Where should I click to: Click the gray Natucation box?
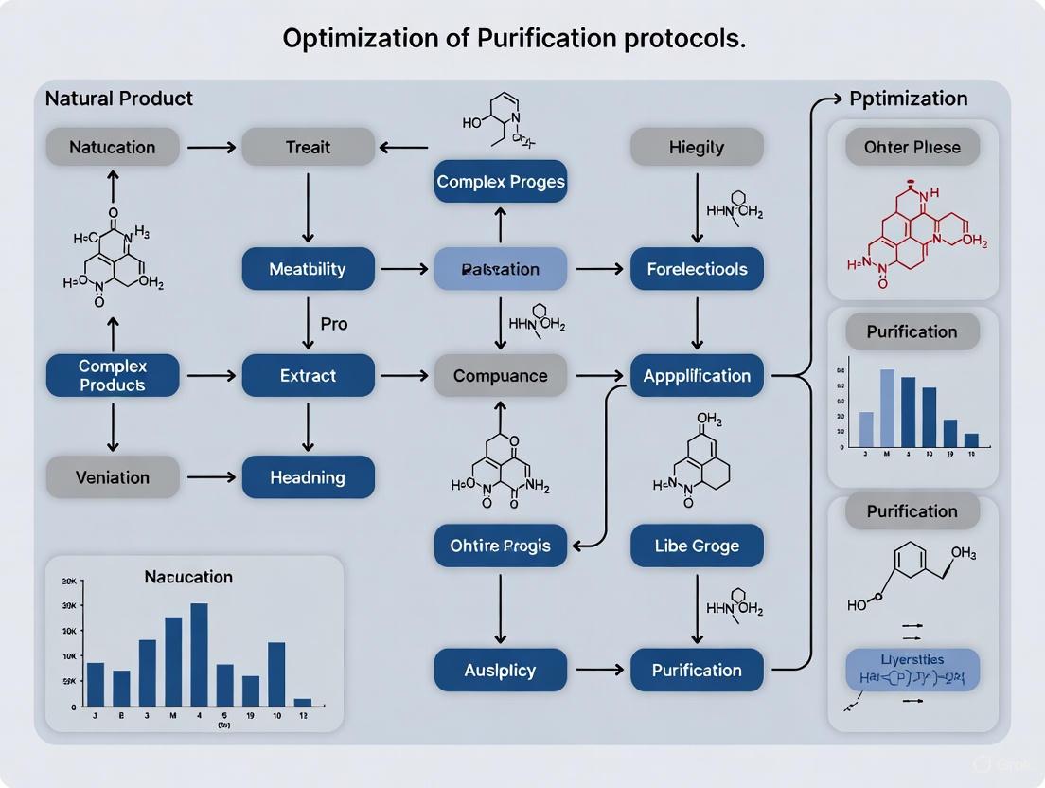point(113,147)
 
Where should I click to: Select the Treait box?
point(308,147)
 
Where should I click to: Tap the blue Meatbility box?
point(308,269)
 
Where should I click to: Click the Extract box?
point(308,376)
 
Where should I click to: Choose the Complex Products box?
point(113,376)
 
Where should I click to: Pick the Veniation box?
point(113,477)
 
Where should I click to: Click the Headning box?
point(308,477)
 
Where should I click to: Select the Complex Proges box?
point(500,181)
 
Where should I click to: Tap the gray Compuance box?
point(500,376)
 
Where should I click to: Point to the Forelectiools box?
point(697,269)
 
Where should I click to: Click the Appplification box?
point(697,376)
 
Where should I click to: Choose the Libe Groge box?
point(697,546)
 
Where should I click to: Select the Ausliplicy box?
point(500,671)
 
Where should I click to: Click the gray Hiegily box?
point(697,147)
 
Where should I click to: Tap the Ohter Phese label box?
point(912,147)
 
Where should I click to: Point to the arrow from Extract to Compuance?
point(404,376)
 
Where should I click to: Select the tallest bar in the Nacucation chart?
point(199,654)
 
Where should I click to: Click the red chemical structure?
point(909,232)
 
